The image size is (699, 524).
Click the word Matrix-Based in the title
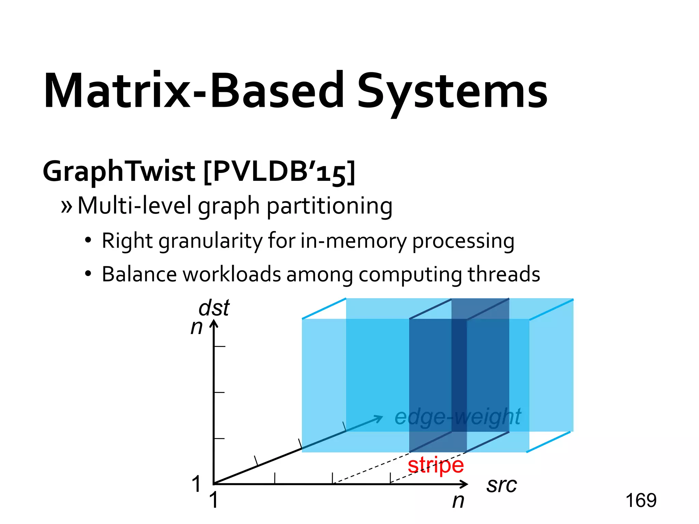(194, 91)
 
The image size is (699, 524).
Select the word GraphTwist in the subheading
(119, 172)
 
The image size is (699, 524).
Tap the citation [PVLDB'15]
(279, 172)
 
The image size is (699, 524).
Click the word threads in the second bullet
(504, 275)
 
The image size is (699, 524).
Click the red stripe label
(436, 465)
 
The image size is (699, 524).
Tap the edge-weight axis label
(457, 417)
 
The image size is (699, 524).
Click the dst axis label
(214, 308)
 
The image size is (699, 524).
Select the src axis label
(501, 485)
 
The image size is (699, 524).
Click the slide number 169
(641, 500)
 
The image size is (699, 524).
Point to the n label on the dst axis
(197, 327)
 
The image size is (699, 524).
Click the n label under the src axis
(458, 501)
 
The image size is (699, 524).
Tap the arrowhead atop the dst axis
(214, 323)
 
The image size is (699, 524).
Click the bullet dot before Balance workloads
(88, 274)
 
